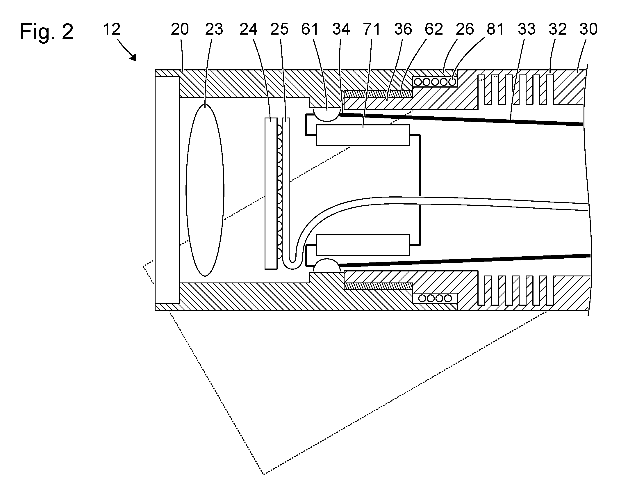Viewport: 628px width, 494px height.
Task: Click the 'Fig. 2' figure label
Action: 47,32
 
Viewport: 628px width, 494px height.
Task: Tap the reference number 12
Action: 112,29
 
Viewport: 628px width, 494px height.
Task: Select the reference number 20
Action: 180,29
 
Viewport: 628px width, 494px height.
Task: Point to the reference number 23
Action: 214,29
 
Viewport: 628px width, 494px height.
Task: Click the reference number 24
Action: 249,29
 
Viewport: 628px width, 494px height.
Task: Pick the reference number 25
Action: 279,29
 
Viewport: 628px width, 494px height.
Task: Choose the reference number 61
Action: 310,29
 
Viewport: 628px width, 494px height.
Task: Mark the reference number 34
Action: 341,29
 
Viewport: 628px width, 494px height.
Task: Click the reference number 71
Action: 372,29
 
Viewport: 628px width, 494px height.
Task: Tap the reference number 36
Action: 403,29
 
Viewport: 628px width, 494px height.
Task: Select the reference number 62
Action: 434,29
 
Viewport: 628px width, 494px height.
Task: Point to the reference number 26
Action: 465,29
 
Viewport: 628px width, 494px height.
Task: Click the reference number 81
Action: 495,29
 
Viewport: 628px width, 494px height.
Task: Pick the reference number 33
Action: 526,29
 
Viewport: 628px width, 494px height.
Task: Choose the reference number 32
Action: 558,29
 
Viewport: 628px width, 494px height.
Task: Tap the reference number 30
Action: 588,29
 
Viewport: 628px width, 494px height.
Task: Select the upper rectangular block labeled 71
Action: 363,135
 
